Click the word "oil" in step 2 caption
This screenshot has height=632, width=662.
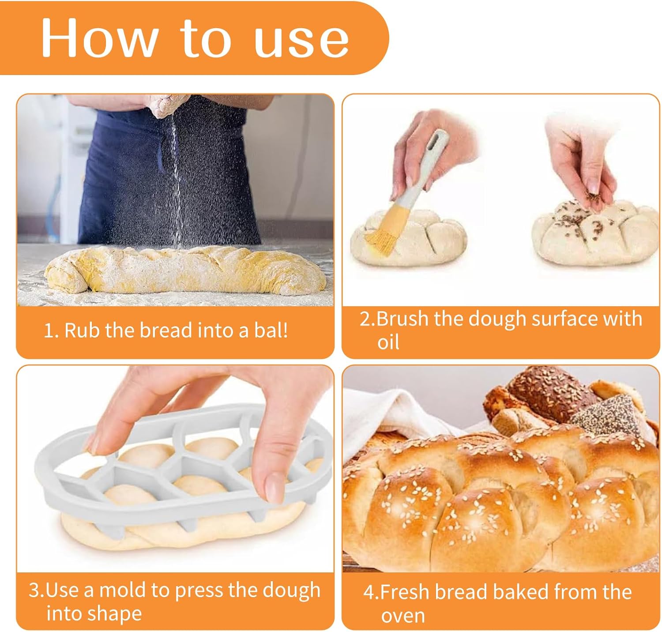[388, 342]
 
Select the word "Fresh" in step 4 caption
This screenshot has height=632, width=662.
[405, 592]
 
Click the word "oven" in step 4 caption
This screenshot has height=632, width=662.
[403, 616]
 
